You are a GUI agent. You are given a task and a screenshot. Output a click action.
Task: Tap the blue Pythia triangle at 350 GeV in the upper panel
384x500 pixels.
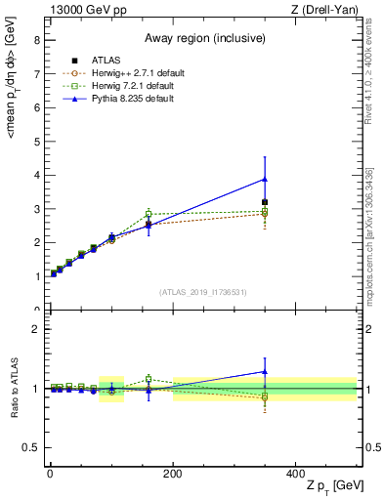point(264,179)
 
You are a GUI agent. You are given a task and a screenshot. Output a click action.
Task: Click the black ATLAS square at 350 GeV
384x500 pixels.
point(264,202)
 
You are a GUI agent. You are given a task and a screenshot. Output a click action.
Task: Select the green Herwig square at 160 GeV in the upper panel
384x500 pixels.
point(149,214)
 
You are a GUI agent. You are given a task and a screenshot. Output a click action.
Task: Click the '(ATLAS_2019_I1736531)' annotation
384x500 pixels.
point(201,292)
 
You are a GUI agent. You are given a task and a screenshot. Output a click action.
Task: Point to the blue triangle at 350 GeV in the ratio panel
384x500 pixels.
point(264,371)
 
